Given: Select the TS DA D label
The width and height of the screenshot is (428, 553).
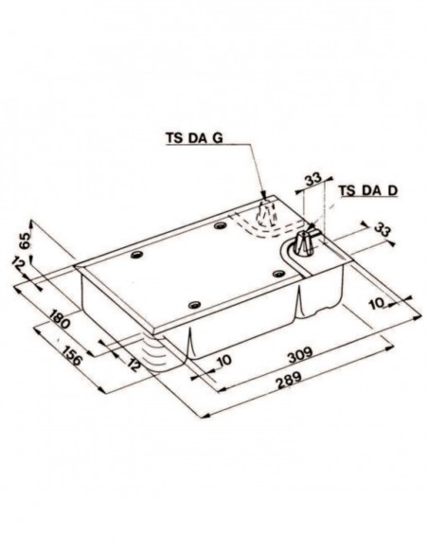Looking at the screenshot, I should tap(366, 190).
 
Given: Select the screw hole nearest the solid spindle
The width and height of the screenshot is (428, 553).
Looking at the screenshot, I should tap(278, 273).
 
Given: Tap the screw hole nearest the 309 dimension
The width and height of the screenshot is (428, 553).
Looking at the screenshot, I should tap(194, 302).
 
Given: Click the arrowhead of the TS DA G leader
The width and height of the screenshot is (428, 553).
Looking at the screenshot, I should tap(261, 198).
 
